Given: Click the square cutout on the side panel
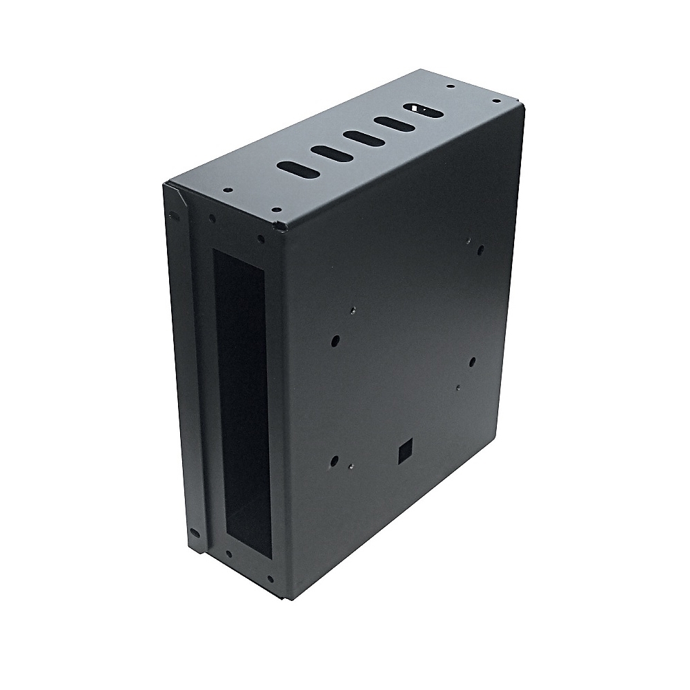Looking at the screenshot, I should tap(404, 451).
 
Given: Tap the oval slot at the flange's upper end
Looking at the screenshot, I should tap(175, 216).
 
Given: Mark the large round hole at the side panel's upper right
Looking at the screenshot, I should tap(481, 250).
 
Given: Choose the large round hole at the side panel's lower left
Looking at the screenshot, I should tap(335, 461).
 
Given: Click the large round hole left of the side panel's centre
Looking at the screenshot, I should tap(336, 340).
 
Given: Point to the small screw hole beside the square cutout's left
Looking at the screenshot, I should tap(351, 466).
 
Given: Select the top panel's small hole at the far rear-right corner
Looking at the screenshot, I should tap(495, 101).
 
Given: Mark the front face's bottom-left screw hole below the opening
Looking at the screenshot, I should tap(228, 553).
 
